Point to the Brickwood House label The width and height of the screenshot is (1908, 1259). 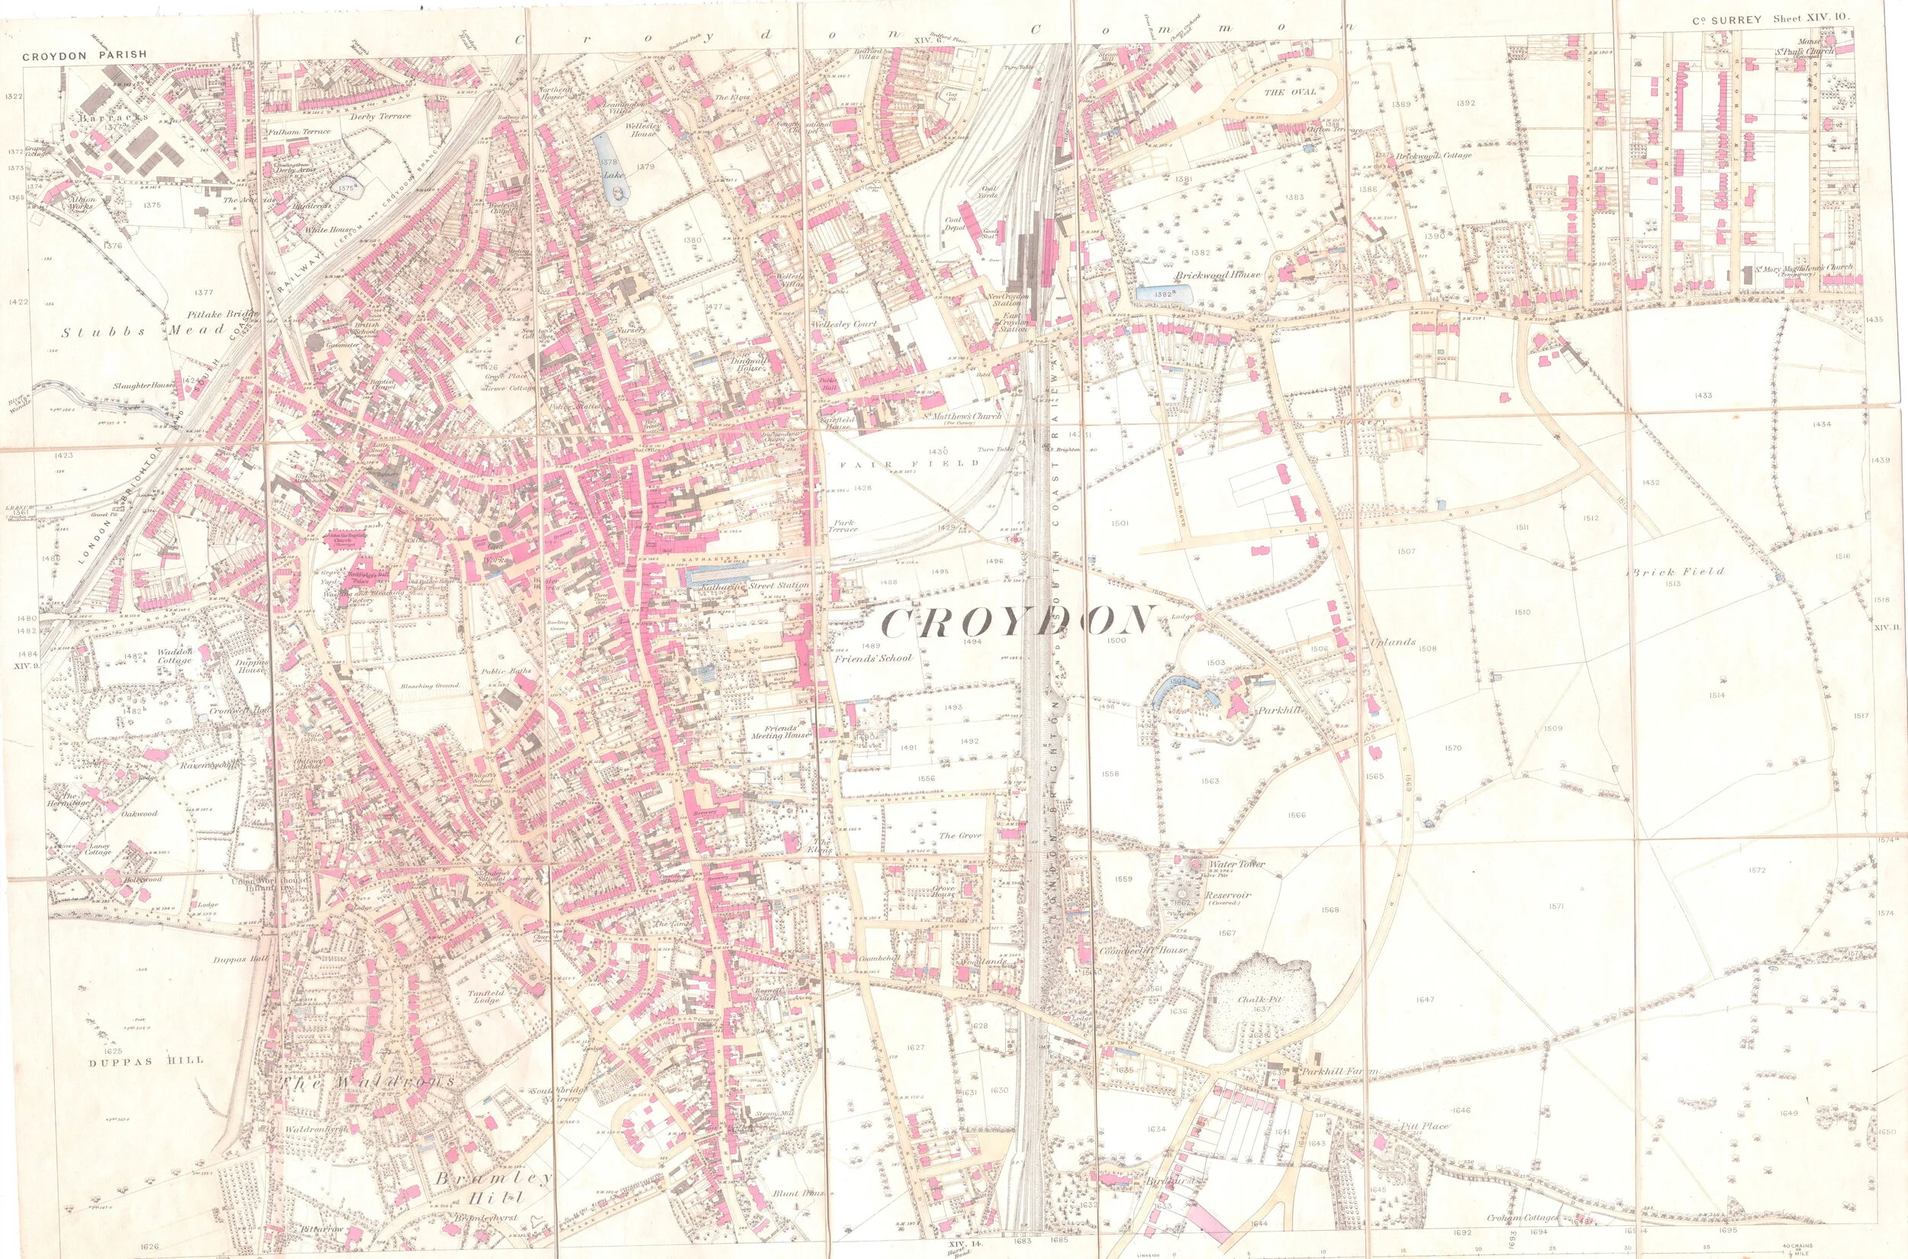coord(1218,275)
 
